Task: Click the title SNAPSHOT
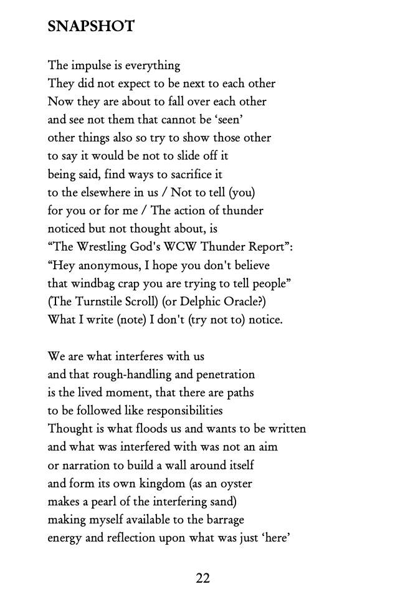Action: coord(91,27)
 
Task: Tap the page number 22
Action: coord(202,578)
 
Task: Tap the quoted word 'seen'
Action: coord(241,120)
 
